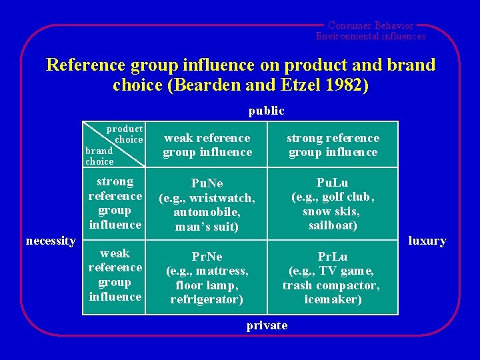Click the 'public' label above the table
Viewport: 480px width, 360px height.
pyautogui.click(x=266, y=111)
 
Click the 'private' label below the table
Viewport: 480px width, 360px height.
pyautogui.click(x=267, y=325)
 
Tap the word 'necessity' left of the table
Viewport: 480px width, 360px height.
pyautogui.click(x=50, y=241)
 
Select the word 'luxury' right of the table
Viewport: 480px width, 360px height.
pyautogui.click(x=427, y=241)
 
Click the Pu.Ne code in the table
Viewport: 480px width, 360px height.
pyautogui.click(x=207, y=183)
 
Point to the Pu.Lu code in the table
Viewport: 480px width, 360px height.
pyautogui.click(x=332, y=182)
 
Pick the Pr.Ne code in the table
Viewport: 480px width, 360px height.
pyautogui.click(x=207, y=257)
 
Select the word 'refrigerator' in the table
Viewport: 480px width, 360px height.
pyautogui.click(x=206, y=299)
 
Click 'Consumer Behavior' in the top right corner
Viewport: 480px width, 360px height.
pyautogui.click(x=371, y=25)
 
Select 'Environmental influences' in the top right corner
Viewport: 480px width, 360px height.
pyautogui.click(x=371, y=36)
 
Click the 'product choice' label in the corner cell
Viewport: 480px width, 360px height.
pyautogui.click(x=126, y=134)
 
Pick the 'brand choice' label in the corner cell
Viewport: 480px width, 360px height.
pyautogui.click(x=99, y=156)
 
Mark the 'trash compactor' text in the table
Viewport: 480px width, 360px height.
pyautogui.click(x=331, y=285)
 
